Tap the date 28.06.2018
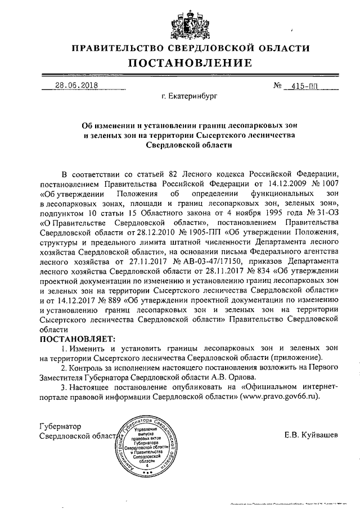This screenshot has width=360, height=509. tap(76, 86)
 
